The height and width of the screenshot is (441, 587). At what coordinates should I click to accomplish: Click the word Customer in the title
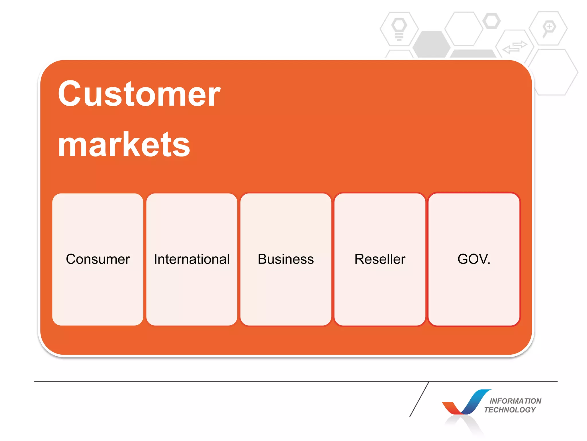139,94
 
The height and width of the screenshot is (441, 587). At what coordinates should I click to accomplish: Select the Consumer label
98,259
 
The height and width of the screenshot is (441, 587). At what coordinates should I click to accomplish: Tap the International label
192,259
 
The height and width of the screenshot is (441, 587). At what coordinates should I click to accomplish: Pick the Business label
286,259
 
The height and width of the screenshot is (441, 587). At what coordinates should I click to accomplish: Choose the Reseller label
380,259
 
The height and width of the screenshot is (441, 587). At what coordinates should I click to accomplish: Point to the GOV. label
474,259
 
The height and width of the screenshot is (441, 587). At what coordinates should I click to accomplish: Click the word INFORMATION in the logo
515,401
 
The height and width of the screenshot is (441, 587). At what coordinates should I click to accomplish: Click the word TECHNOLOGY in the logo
510,410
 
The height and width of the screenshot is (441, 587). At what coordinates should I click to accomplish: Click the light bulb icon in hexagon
399,29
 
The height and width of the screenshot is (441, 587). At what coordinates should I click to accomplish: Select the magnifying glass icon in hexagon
548,28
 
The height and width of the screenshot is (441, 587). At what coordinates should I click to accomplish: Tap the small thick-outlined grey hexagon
492,21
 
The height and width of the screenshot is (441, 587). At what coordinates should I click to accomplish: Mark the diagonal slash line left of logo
419,399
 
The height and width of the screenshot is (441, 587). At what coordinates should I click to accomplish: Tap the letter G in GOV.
463,259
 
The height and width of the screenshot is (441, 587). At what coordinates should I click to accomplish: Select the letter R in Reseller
359,259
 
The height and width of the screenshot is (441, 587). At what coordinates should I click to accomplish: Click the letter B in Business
262,259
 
